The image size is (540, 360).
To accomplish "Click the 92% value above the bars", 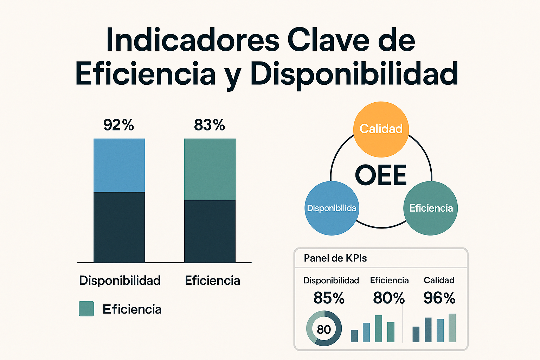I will click(x=118, y=125).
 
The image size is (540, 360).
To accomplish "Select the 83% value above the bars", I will click(x=210, y=125).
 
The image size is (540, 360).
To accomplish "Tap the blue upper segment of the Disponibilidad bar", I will click(x=119, y=165).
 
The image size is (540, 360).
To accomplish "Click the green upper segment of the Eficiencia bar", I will click(x=210, y=169).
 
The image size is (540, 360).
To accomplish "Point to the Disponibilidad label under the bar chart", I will click(x=120, y=281).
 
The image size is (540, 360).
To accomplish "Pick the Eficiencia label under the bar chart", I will click(x=212, y=281).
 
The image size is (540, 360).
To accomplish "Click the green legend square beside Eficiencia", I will click(x=86, y=309).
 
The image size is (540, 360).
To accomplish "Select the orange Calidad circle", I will click(x=381, y=129).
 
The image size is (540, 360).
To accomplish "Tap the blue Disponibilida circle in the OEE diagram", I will click(x=332, y=208).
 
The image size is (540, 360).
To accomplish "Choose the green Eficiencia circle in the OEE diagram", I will click(x=431, y=208).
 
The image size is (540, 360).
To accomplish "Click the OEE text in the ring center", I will click(x=381, y=175).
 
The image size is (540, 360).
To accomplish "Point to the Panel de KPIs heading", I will click(x=335, y=258).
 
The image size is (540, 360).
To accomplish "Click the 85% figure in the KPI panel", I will click(x=329, y=298).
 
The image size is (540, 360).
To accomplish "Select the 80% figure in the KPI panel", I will click(x=389, y=298).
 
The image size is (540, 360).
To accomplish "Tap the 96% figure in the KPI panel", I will click(x=439, y=298).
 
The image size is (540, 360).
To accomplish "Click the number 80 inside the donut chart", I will click(x=324, y=329).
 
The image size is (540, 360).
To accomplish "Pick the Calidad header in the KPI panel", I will click(x=439, y=280).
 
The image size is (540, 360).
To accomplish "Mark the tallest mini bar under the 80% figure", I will click(x=378, y=329).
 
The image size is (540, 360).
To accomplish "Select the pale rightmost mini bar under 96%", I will click(x=452, y=328).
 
